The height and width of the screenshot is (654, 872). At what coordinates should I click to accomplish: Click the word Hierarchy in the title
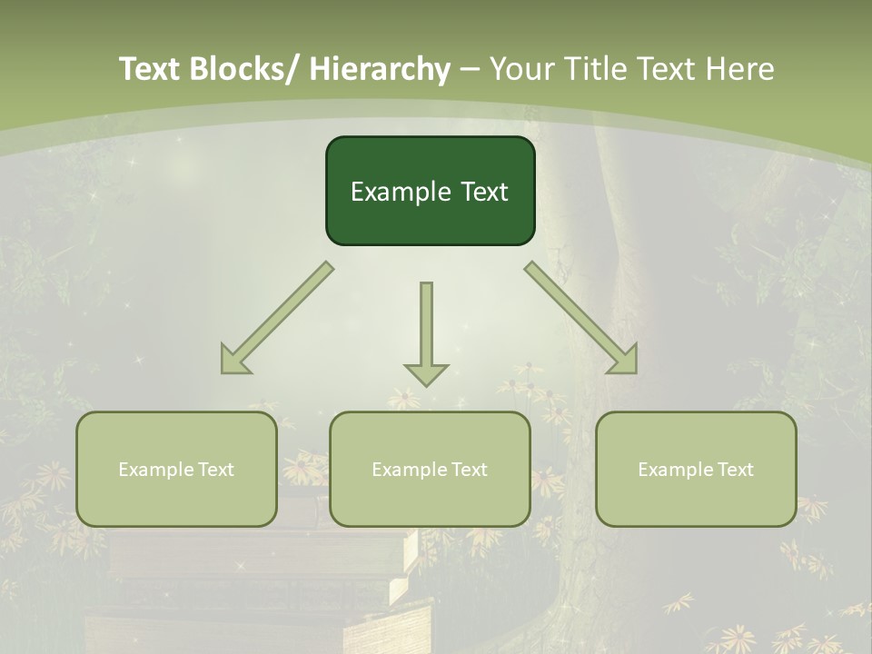point(379,68)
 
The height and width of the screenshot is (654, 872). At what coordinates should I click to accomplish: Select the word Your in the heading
point(522,68)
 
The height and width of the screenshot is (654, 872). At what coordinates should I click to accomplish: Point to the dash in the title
point(470,70)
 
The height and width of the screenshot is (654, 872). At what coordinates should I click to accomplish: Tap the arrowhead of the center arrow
point(426,373)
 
